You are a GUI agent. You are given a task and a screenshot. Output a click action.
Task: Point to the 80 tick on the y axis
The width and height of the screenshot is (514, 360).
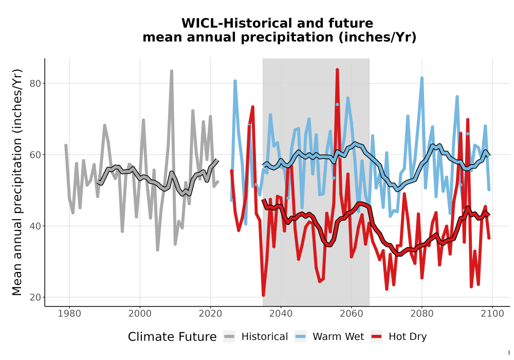[35, 84]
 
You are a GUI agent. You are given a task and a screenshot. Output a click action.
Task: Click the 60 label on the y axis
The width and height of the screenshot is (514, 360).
[35, 155]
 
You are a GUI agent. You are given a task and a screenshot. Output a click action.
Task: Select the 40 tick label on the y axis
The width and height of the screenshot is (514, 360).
[35, 226]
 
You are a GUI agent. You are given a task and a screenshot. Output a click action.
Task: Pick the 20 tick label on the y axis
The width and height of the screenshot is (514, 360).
[35, 298]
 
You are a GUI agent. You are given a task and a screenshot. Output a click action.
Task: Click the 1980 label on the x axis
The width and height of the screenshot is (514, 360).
[69, 314]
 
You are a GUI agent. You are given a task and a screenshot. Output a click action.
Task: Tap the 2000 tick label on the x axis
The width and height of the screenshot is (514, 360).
[140, 314]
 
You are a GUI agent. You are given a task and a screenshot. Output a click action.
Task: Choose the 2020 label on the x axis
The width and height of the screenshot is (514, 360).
[210, 314]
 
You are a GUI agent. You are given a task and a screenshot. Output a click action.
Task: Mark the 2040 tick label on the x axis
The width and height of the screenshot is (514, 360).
[281, 314]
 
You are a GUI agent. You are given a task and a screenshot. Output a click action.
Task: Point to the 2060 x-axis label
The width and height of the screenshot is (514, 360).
[352, 314]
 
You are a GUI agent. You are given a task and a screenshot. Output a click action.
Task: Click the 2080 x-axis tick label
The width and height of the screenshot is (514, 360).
[422, 314]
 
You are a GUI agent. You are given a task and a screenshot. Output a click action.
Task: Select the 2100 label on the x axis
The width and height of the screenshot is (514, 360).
[492, 314]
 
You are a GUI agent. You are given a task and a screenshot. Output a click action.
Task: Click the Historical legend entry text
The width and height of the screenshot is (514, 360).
[265, 337]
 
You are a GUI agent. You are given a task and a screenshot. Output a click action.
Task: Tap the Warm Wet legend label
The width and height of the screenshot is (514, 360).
[338, 337]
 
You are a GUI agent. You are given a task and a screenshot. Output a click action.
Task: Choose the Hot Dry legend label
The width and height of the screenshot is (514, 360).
[408, 337]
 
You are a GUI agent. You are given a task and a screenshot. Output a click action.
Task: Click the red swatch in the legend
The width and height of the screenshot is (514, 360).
[376, 337]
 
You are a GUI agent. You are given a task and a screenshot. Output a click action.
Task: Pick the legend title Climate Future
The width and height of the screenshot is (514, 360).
[172, 337]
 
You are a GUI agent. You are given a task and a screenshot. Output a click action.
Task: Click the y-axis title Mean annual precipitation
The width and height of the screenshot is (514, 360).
[17, 182]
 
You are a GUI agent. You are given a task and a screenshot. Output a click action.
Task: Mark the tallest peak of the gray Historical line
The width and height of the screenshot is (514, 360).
[172, 70]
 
